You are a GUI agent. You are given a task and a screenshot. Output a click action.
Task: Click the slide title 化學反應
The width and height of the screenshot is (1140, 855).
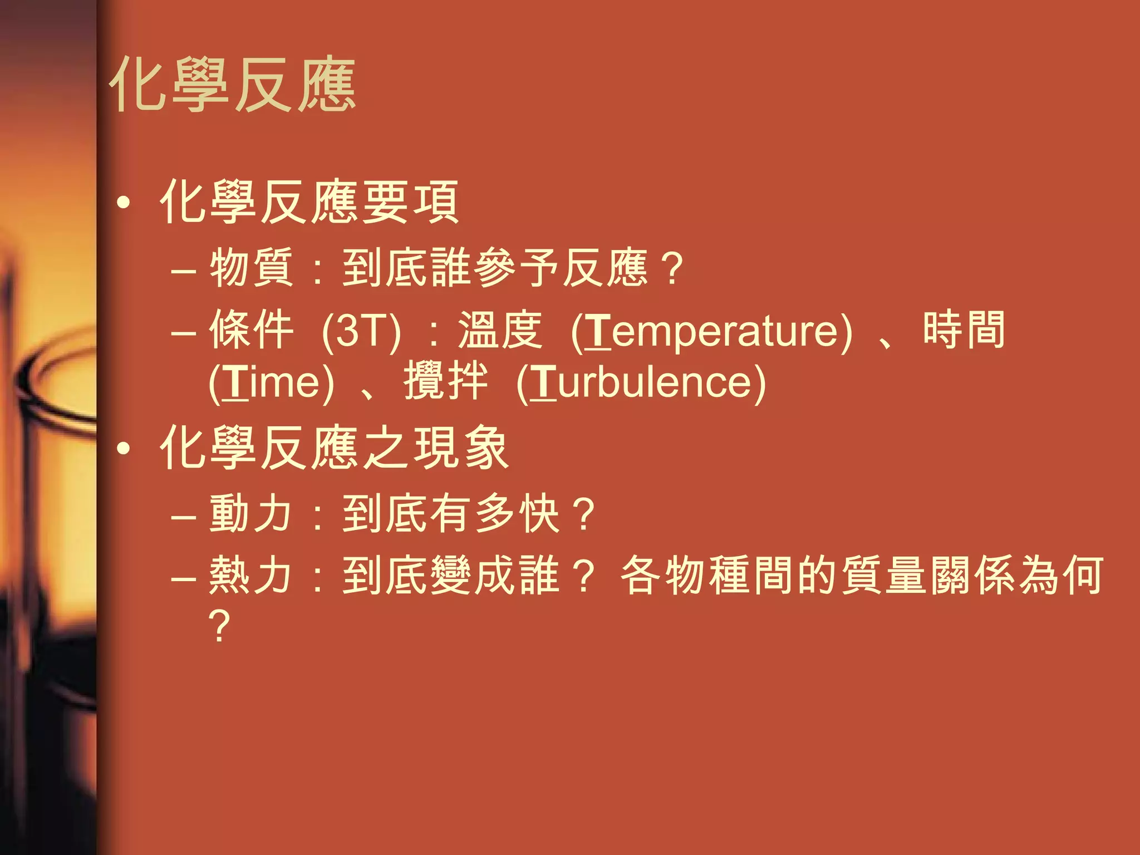pyautogui.click(x=233, y=85)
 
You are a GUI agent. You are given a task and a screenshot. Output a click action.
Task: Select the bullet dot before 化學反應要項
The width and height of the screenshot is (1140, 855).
pyautogui.click(x=124, y=203)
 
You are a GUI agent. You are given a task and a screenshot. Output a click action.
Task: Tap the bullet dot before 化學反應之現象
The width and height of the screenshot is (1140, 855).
pyautogui.click(x=124, y=448)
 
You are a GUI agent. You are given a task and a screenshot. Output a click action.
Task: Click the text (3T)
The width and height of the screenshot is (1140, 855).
pyautogui.click(x=361, y=331)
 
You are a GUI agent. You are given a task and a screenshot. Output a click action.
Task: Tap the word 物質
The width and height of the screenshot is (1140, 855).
pyautogui.click(x=251, y=268)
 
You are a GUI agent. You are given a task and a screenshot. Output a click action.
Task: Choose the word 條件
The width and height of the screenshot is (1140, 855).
pyautogui.click(x=251, y=330)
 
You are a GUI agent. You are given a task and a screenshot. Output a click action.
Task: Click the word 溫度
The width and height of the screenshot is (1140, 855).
pyautogui.click(x=499, y=330)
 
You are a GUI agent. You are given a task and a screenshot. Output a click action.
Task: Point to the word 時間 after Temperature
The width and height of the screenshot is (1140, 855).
pyautogui.click(x=964, y=330)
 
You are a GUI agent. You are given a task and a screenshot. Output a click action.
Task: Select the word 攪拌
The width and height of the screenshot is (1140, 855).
pyautogui.click(x=445, y=381)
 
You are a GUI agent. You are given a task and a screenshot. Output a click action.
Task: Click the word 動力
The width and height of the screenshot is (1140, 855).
pyautogui.click(x=251, y=513)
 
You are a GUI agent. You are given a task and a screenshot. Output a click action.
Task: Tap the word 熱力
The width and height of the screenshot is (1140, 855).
pyautogui.click(x=251, y=575)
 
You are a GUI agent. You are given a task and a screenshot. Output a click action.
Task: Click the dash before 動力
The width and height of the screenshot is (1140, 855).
pyautogui.click(x=184, y=516)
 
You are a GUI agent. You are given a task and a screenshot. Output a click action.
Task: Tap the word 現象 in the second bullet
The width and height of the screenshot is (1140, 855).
pyautogui.click(x=461, y=448)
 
